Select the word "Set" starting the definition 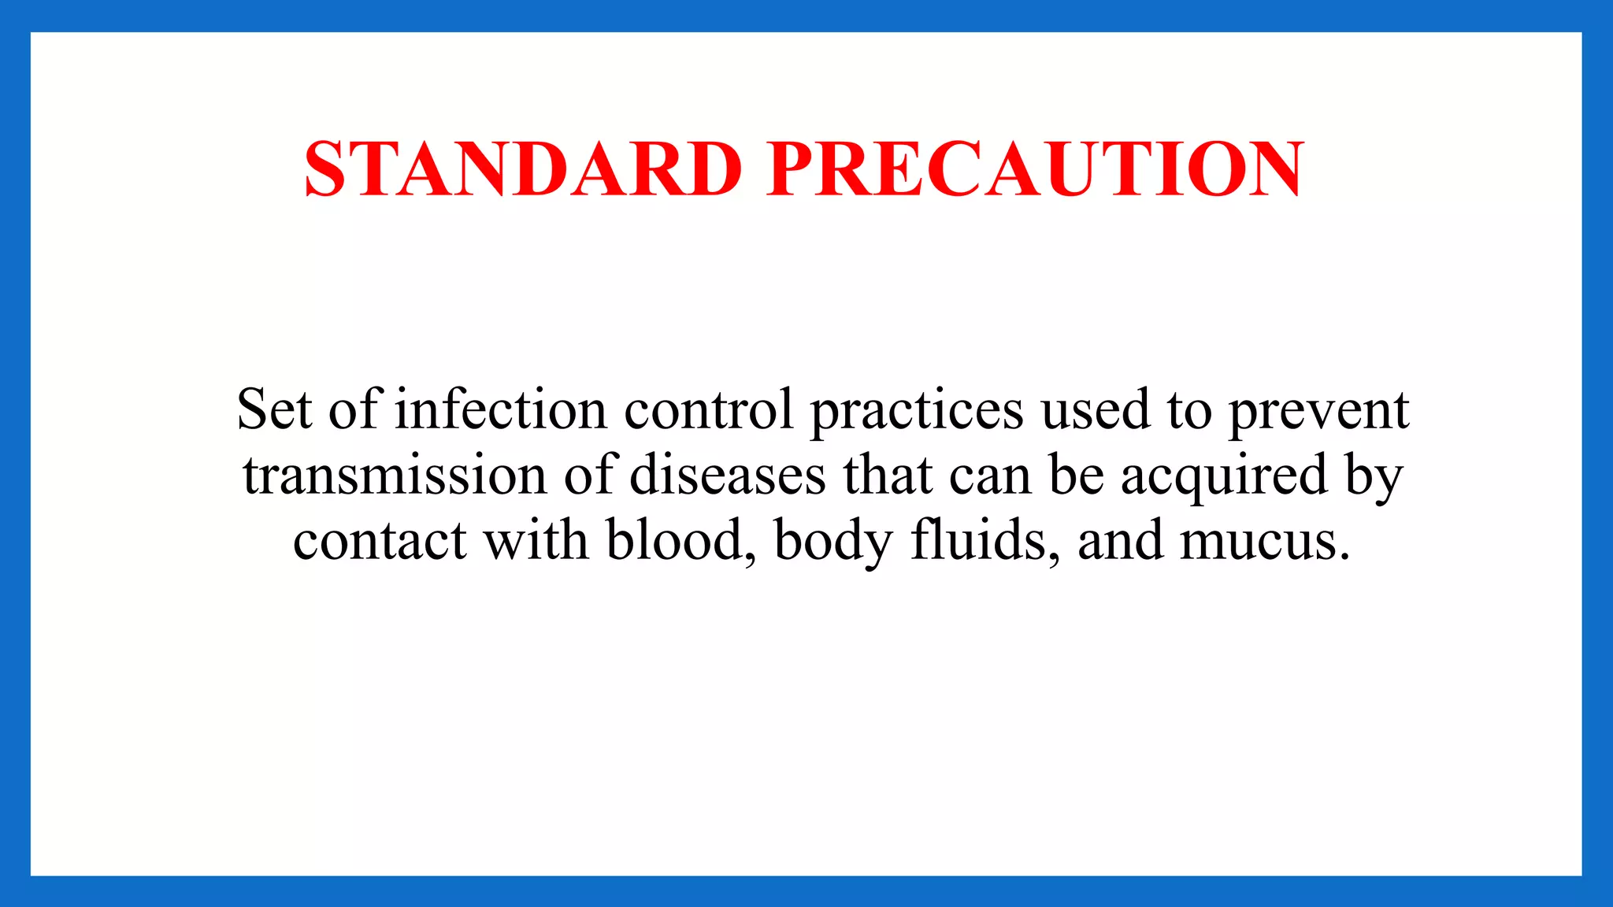click(x=274, y=410)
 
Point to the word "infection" click(x=501, y=410)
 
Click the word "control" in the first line click(x=709, y=410)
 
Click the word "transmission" click(x=395, y=476)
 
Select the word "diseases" click(x=728, y=476)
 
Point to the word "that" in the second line click(x=888, y=476)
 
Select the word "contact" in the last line click(x=380, y=542)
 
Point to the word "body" click(x=833, y=542)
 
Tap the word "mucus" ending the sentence click(x=1263, y=542)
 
